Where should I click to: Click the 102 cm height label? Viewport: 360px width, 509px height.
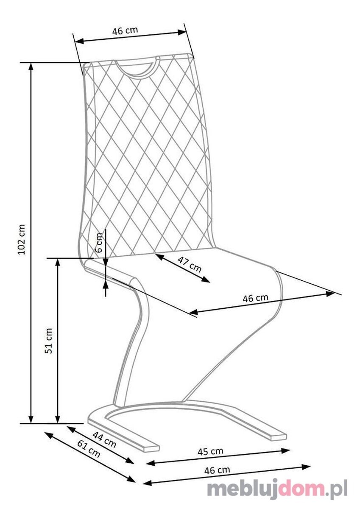coord(22,239)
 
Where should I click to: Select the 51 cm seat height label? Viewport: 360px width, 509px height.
coord(49,341)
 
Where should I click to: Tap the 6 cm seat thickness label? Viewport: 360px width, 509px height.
coord(99,243)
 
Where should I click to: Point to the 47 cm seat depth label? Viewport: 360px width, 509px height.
coord(189,264)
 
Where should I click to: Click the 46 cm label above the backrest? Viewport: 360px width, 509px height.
coord(125,30)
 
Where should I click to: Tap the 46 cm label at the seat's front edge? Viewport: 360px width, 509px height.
coord(256,298)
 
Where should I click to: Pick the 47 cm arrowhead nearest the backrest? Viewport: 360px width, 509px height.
coord(159,256)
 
